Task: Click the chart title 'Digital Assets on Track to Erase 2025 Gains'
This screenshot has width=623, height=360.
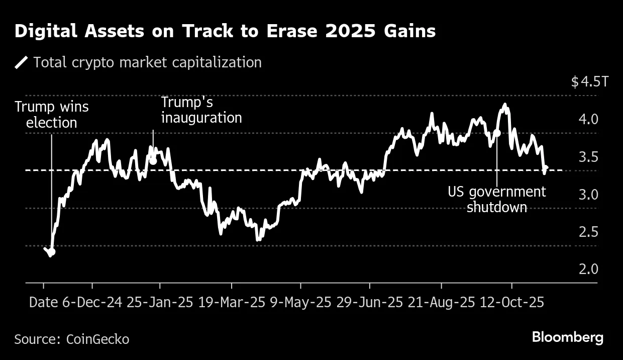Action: pyautogui.click(x=225, y=32)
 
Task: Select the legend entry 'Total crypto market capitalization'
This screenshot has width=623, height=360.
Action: pyautogui.click(x=147, y=62)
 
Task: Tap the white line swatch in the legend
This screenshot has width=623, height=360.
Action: pyautogui.click(x=22, y=62)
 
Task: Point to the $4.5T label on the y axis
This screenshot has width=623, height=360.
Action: pyautogui.click(x=589, y=82)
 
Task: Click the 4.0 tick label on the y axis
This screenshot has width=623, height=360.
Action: pyautogui.click(x=588, y=119)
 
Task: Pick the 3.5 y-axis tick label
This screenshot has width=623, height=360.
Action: pyautogui.click(x=588, y=157)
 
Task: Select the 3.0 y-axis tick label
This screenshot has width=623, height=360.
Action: pyautogui.click(x=588, y=195)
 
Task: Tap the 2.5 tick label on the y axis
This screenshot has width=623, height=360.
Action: pyautogui.click(x=588, y=232)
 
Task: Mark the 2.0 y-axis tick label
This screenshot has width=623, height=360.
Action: pyautogui.click(x=588, y=269)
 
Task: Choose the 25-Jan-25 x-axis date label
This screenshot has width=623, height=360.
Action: pyautogui.click(x=160, y=303)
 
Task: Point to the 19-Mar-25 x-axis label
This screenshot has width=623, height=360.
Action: pyautogui.click(x=232, y=303)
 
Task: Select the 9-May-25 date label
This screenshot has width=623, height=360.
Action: pyautogui.click(x=300, y=303)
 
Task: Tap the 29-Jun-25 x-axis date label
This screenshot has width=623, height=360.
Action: pyautogui.click(x=370, y=303)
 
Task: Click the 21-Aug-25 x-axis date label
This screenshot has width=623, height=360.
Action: pyautogui.click(x=441, y=303)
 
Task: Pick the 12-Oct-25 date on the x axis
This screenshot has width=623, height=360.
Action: pyautogui.click(x=512, y=303)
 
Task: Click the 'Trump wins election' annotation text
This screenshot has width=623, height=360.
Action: pyautogui.click(x=51, y=115)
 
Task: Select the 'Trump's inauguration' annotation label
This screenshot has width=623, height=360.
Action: pyautogui.click(x=201, y=110)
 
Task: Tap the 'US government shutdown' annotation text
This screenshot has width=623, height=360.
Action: pyautogui.click(x=496, y=200)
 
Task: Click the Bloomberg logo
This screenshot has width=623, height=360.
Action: pyautogui.click(x=568, y=337)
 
